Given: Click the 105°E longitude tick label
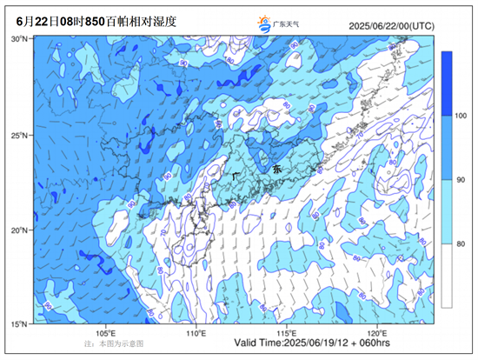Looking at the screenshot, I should click(108, 333).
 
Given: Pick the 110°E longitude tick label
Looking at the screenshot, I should click(197, 333).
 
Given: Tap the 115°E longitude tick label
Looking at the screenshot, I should click(287, 333).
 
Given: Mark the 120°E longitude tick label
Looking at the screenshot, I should click(376, 333).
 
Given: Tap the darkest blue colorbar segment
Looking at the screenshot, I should click(448, 83).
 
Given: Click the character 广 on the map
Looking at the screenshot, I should click(236, 175).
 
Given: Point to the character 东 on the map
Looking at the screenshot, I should click(277, 168).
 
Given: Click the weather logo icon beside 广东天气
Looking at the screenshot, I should click(263, 24).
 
